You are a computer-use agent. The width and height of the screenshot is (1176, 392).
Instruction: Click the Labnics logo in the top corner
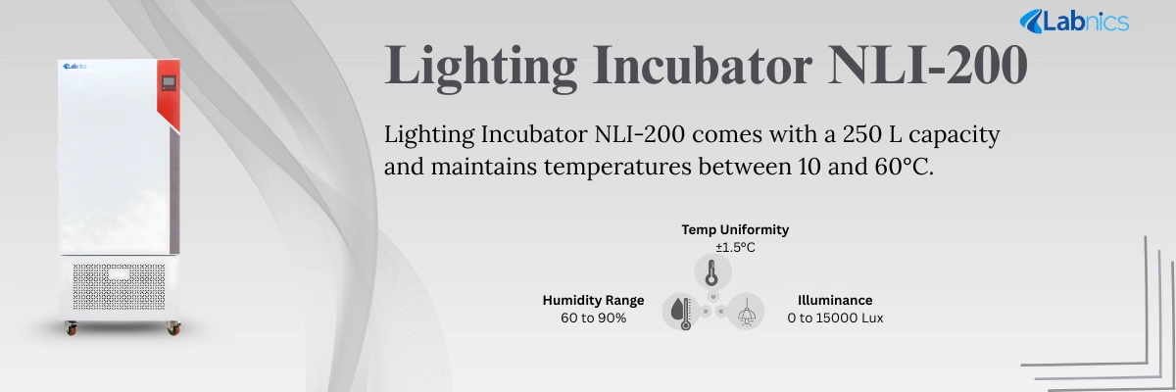[1074, 21]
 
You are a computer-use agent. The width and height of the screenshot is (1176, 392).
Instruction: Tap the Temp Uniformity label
[735, 229]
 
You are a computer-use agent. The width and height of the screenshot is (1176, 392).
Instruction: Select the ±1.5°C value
[735, 247]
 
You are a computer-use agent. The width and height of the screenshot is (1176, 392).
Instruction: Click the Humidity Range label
[593, 300]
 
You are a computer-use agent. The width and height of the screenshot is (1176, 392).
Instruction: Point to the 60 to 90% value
[593, 318]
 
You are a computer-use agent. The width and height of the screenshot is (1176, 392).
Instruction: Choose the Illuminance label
[835, 300]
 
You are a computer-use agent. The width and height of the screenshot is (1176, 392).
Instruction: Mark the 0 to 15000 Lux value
[835, 318]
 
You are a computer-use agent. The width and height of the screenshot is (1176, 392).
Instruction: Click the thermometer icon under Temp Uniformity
[712, 271]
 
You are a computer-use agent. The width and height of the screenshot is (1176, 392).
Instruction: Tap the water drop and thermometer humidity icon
[680, 312]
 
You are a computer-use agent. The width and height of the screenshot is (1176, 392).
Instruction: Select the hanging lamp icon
[745, 312]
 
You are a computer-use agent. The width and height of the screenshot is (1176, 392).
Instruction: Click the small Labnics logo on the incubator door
[75, 68]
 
